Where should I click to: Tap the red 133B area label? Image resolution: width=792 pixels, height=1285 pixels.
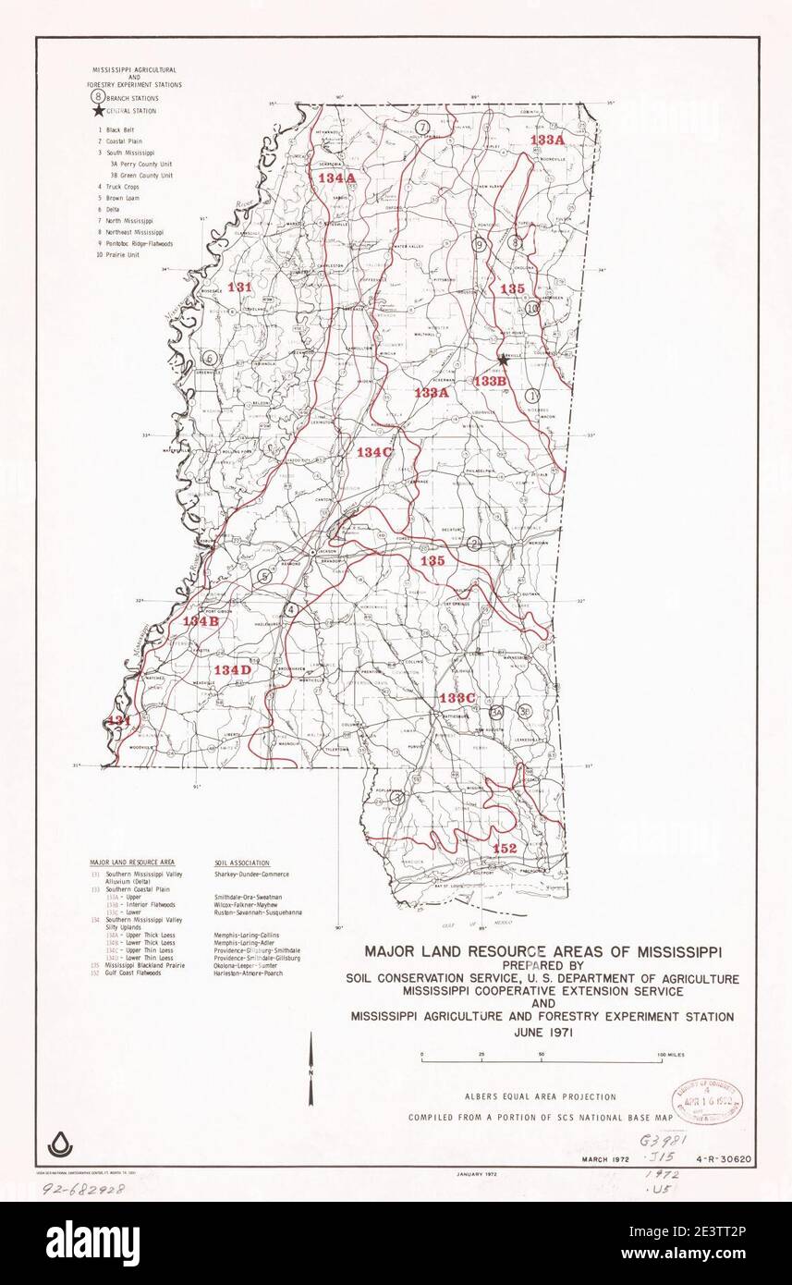click(490, 380)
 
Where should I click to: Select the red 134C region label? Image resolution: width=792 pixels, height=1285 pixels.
click(374, 452)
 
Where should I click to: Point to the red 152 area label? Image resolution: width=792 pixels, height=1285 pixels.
click(505, 848)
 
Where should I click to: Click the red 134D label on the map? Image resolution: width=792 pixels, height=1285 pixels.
click(232, 669)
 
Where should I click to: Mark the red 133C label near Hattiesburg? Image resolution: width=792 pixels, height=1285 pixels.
click(457, 697)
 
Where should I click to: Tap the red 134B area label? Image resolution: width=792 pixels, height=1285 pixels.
click(201, 621)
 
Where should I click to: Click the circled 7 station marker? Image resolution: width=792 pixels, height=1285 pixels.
click(421, 127)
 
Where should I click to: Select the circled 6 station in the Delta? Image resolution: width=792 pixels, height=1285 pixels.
click(211, 358)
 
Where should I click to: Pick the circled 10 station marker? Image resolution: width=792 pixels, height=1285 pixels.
click(532, 309)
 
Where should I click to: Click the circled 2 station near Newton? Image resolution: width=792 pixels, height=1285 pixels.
click(474, 544)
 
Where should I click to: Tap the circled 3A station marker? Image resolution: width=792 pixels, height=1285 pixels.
click(496, 712)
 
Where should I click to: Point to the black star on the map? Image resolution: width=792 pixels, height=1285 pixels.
click(503, 359)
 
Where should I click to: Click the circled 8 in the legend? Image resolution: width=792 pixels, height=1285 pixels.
click(96, 97)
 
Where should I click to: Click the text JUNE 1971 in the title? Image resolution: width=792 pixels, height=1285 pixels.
click(542, 1033)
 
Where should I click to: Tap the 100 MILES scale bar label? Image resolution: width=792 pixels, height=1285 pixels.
click(671, 1054)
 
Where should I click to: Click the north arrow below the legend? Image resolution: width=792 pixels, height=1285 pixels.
click(311, 1072)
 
